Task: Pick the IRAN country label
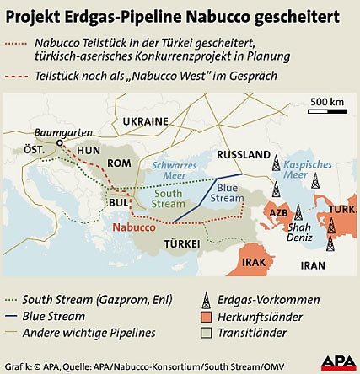pyautogui.click(x=313, y=264)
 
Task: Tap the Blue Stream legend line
pyautogui.click(x=12, y=317)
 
